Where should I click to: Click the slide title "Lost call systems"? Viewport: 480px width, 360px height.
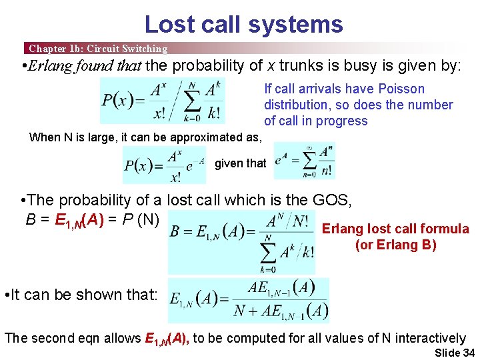(x=243, y=25)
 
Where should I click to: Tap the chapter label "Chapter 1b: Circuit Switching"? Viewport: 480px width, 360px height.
(x=97, y=48)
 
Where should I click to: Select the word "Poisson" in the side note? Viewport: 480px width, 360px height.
(x=401, y=89)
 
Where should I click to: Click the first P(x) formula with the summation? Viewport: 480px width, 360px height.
(x=162, y=101)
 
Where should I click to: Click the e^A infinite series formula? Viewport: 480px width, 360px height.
(x=303, y=161)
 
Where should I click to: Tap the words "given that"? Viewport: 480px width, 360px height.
(x=240, y=163)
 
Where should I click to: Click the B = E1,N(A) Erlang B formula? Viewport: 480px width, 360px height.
(x=241, y=242)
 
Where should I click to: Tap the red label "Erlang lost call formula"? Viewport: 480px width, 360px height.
(x=395, y=229)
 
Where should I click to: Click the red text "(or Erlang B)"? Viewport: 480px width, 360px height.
(x=395, y=245)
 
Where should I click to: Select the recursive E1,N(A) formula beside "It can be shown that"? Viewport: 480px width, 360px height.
(x=249, y=301)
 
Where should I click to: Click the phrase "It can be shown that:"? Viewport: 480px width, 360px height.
(x=81, y=295)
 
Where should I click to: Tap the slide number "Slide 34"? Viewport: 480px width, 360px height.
(x=454, y=353)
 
